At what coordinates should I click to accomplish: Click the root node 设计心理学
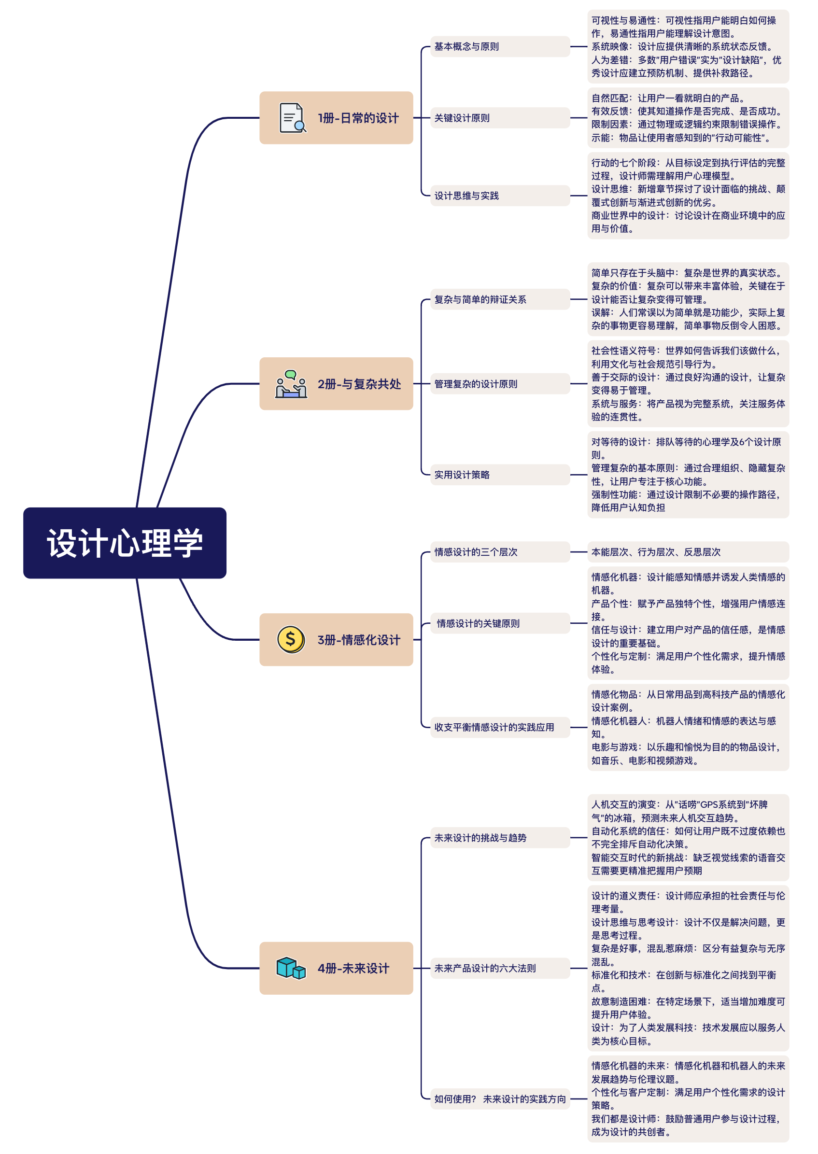click(x=125, y=543)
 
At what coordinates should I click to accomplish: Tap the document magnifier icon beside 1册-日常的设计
click(x=292, y=117)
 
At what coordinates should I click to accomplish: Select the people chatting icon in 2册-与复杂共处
click(x=291, y=384)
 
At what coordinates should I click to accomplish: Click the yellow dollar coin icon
click(x=291, y=639)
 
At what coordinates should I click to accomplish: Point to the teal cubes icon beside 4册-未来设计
click(x=291, y=968)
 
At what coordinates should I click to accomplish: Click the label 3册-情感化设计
click(x=359, y=640)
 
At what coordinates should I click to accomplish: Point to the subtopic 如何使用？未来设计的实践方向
click(x=500, y=1098)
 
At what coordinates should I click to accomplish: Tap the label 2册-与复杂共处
click(x=359, y=384)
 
